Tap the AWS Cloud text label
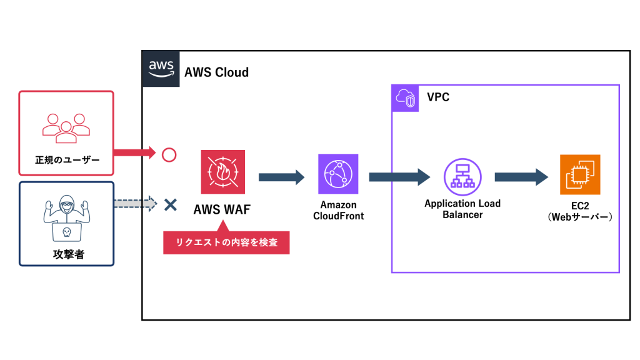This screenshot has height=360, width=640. coord(216,72)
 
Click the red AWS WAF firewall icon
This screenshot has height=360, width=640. coord(223,172)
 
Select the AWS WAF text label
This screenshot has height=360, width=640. coord(223,209)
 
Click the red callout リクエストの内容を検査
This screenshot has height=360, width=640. coord(226,242)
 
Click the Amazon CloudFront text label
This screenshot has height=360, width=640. coord(338,211)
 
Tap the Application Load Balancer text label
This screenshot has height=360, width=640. coord(462,209)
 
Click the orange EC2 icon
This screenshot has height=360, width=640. coord(579,175)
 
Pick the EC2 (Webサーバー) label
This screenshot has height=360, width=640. coord(579,212)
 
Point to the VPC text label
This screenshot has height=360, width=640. coord(438,98)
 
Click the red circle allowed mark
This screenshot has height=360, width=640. coord(169,154)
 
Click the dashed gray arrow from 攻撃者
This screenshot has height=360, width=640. coord(134,203)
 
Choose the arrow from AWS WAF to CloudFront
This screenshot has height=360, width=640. coord(281,177)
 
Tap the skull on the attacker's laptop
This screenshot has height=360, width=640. coord(66,232)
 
